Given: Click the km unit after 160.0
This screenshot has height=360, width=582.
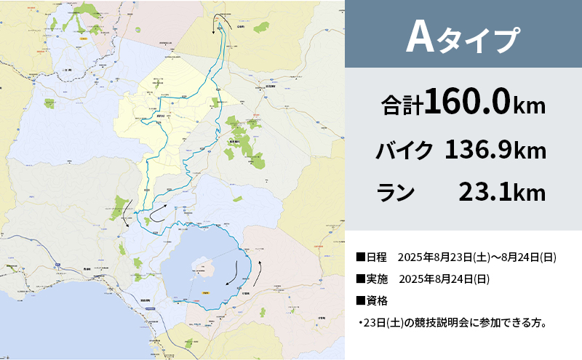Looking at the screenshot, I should pyautogui.click(x=529, y=106).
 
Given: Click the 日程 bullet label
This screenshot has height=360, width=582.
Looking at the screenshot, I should pyautogui.click(x=372, y=258).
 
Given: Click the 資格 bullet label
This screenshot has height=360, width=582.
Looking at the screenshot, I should pyautogui.click(x=372, y=300).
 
